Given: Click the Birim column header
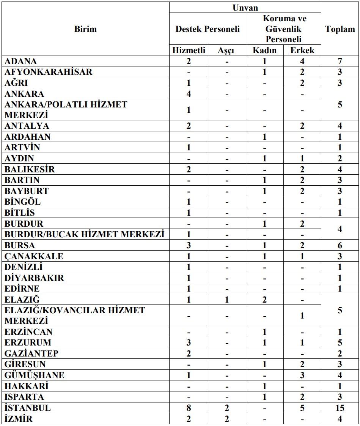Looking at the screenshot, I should click(85, 29).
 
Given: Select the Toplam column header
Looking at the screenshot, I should click(340, 29).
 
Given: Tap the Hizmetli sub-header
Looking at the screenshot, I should click(189, 50).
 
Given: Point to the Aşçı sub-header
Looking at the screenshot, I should click(226, 50).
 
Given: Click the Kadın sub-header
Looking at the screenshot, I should click(265, 50).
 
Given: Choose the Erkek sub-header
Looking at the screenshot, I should click(302, 50).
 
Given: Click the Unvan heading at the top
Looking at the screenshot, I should click(245, 8).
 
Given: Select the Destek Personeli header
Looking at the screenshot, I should click(208, 29).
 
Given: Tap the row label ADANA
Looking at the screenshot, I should click(21, 61).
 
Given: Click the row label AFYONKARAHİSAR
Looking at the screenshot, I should click(48, 72).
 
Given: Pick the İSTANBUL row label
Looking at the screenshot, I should click(28, 408).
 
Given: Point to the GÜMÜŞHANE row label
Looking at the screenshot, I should click(35, 375).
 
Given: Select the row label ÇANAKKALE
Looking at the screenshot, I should click(34, 256).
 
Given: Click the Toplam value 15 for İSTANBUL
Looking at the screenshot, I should click(340, 408).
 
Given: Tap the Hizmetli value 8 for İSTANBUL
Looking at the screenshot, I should click(189, 408).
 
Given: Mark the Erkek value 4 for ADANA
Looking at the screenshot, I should click(302, 61).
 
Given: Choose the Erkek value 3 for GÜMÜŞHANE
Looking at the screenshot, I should click(302, 375).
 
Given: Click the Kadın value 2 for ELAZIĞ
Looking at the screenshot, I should click(265, 300).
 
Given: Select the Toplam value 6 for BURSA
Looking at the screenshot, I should click(340, 246).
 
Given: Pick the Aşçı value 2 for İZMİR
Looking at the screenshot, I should click(226, 419).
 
